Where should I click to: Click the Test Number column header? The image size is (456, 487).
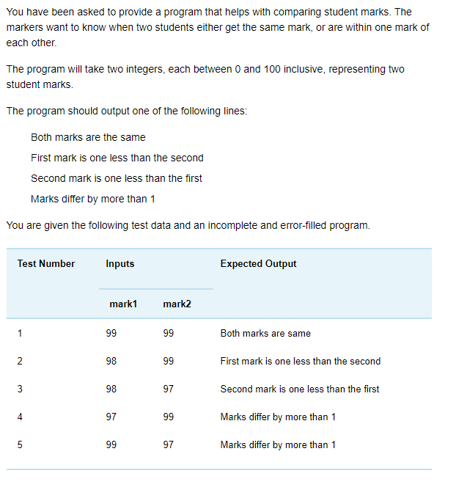(46, 264)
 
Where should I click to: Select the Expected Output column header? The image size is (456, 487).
(258, 264)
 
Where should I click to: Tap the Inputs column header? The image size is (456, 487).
(120, 264)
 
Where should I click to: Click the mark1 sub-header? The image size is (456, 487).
(123, 304)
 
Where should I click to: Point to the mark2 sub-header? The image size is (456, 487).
(177, 304)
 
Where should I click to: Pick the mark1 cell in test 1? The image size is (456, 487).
(111, 334)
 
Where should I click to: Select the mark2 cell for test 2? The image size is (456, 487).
(169, 362)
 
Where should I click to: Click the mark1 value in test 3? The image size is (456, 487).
(111, 389)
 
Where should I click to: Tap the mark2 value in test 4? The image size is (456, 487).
(169, 417)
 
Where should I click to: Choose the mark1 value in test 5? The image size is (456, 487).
(111, 445)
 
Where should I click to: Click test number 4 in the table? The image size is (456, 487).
(21, 417)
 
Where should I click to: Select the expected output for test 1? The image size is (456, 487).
(265, 334)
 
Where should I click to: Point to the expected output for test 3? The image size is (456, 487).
(300, 389)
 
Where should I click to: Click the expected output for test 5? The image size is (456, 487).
(278, 445)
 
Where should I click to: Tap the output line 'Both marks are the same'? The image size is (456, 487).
(88, 137)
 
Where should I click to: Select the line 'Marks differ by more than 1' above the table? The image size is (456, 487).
(92, 199)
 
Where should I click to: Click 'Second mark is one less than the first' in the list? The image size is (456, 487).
(117, 178)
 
